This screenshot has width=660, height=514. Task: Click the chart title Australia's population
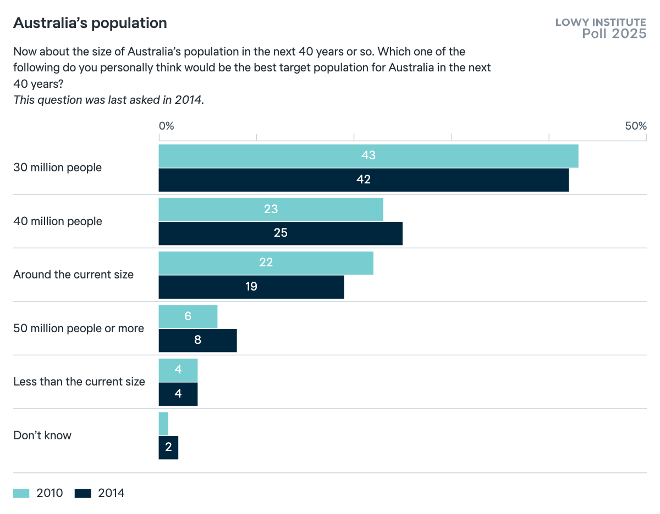click(90, 23)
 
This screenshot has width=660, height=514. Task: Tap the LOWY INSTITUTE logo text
click(601, 23)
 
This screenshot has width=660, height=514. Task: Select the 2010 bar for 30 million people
click(369, 156)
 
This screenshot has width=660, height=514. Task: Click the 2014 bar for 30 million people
click(364, 180)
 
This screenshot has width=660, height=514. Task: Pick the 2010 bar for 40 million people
click(271, 209)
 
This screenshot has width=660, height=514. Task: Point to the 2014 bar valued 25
click(280, 233)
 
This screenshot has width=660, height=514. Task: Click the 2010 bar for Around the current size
click(266, 263)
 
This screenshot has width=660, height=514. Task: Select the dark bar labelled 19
click(251, 287)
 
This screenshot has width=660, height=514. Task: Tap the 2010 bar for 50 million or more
click(188, 316)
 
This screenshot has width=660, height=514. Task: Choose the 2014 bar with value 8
click(197, 340)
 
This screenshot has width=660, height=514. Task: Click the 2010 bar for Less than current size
click(178, 370)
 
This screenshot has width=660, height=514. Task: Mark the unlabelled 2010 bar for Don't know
click(163, 424)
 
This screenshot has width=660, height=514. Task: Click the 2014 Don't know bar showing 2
click(168, 448)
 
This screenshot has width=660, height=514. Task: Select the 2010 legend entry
click(38, 493)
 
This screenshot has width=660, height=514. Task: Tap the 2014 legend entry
click(100, 493)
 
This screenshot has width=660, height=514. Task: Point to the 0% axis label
click(166, 126)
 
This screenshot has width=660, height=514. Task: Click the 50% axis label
click(635, 126)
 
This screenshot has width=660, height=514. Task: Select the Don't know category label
click(42, 435)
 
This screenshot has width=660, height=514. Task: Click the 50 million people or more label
click(79, 328)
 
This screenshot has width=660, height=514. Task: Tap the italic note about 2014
click(108, 100)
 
